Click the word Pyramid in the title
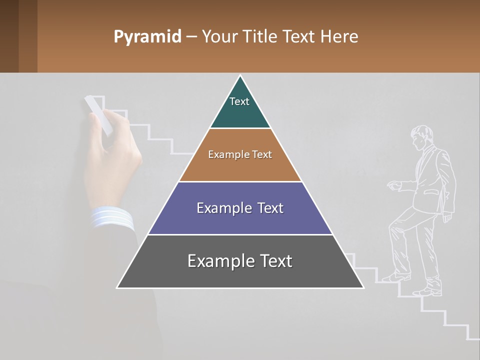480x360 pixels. (x=147, y=37)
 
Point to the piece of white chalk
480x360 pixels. (x=98, y=114)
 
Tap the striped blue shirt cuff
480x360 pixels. (x=112, y=219)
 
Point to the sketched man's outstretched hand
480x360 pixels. (x=394, y=185)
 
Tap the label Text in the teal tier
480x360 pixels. (x=239, y=101)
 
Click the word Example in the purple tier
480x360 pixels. (x=218, y=208)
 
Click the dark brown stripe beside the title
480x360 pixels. (x=28, y=36)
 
